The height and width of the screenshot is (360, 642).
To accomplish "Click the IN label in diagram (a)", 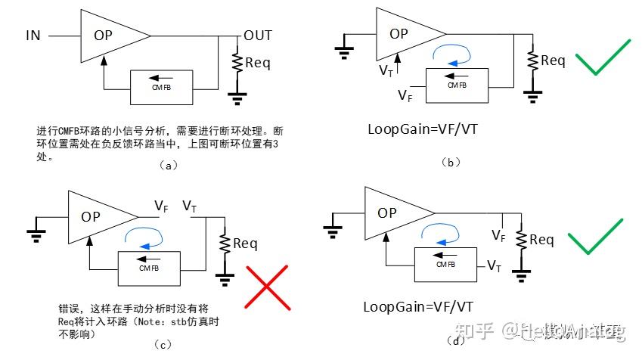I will [x=33, y=36].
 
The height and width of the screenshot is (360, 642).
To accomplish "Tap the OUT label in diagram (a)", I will [x=257, y=36].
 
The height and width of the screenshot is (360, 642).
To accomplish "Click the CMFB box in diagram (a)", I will [x=161, y=87].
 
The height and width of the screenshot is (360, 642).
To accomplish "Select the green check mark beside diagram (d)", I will [x=597, y=237].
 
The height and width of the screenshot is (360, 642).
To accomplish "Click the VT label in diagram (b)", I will [x=385, y=70].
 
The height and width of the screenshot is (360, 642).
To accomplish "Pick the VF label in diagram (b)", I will [x=406, y=95].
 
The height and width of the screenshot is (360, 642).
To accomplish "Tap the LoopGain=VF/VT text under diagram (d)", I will [x=418, y=306].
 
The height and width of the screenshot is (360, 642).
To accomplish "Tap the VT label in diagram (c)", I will [x=191, y=206].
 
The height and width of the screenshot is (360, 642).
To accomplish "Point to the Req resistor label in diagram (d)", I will [x=541, y=240].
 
